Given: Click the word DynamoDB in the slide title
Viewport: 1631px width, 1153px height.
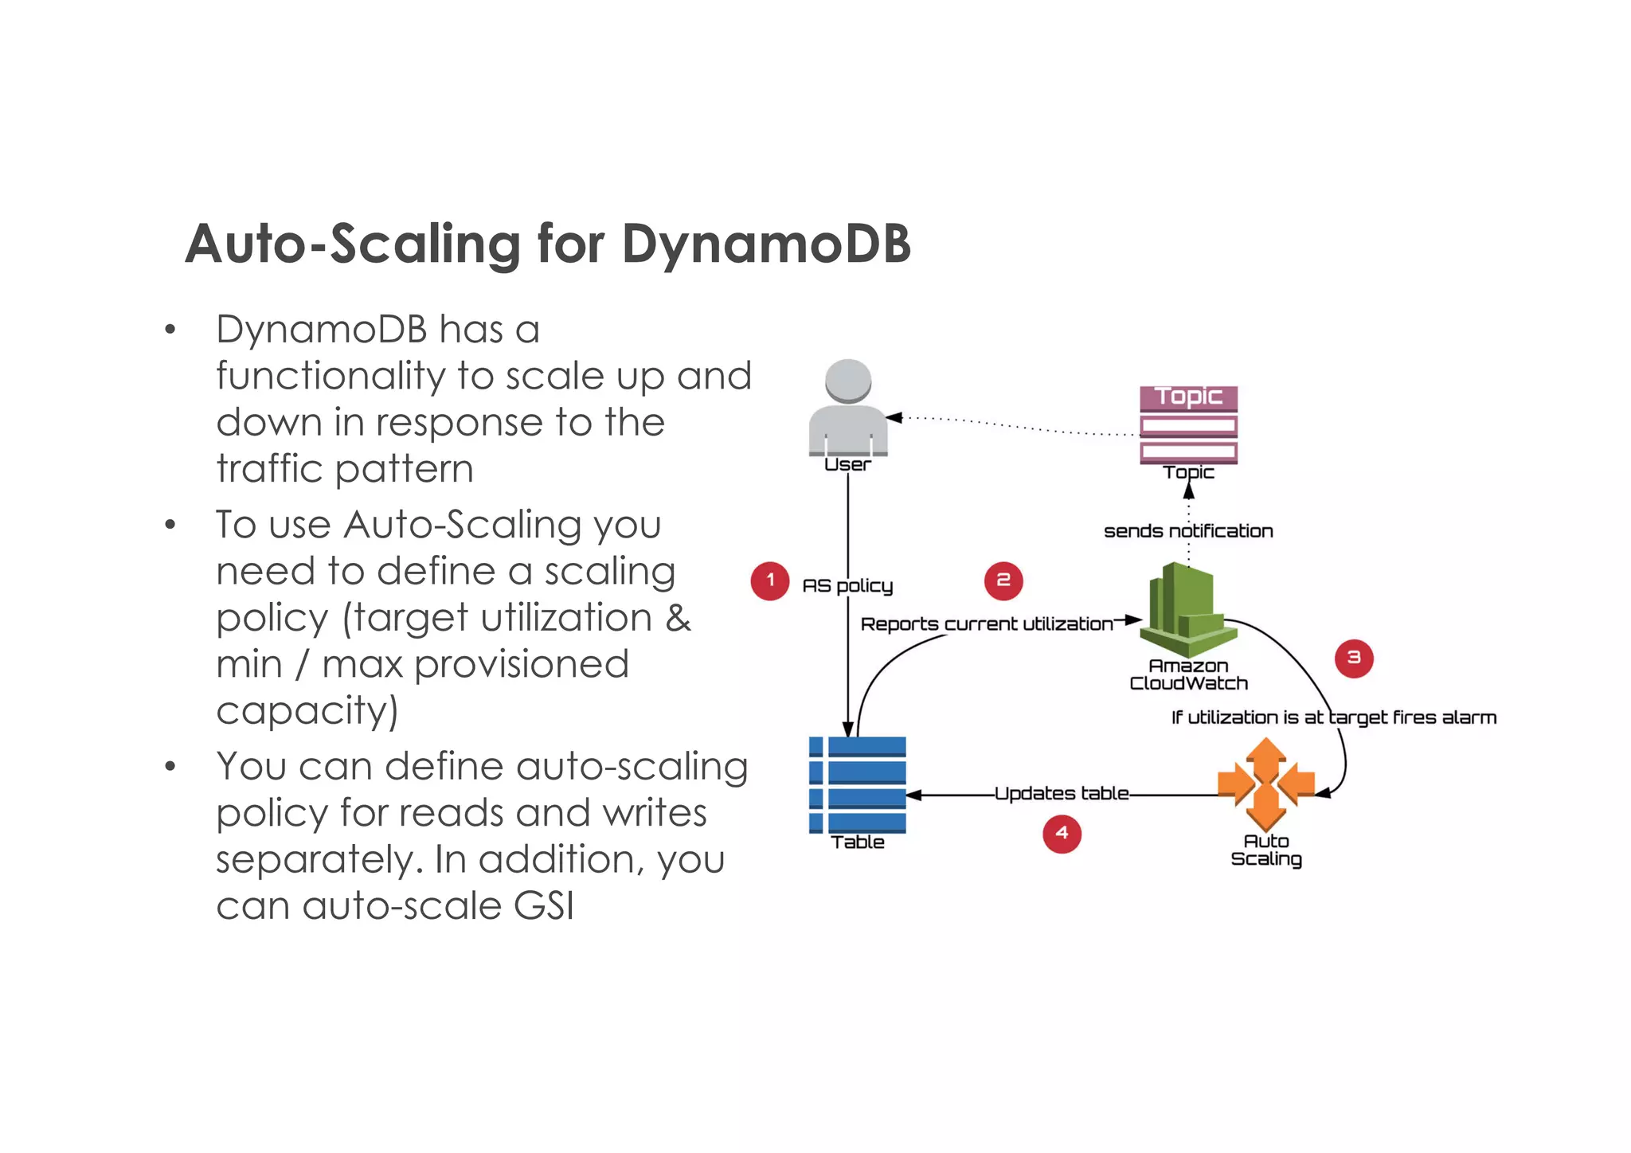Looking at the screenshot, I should point(765,244).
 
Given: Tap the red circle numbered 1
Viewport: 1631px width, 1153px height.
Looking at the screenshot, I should point(769,580).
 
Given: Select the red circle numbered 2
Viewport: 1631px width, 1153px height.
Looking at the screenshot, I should point(1003,580).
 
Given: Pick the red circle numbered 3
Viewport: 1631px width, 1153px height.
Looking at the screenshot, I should point(1353,658).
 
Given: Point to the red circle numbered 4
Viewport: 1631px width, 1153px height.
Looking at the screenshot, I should point(1062,833).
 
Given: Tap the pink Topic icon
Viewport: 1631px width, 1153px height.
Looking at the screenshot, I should point(1188,425).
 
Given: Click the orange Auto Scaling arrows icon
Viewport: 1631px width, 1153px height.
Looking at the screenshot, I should point(1265,784).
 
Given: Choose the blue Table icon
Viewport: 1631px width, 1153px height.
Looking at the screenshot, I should point(858,784).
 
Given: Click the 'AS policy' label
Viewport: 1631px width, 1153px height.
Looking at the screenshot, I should point(847,586).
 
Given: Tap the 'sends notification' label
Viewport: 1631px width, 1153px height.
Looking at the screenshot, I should point(1188,531).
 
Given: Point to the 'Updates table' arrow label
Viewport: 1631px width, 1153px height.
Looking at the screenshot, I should point(1062,793).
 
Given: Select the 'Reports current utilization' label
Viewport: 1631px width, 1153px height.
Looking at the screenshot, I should point(986,624).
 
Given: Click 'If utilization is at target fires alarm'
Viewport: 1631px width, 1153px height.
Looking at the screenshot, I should point(1333,717).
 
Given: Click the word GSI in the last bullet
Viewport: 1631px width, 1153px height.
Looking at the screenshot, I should point(544,906).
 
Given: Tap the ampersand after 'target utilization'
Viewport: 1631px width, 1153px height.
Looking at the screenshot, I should point(678,618).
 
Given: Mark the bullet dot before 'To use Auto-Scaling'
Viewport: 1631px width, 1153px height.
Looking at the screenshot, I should point(170,526).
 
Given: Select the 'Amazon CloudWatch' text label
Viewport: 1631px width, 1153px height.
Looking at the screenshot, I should point(1188,674).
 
